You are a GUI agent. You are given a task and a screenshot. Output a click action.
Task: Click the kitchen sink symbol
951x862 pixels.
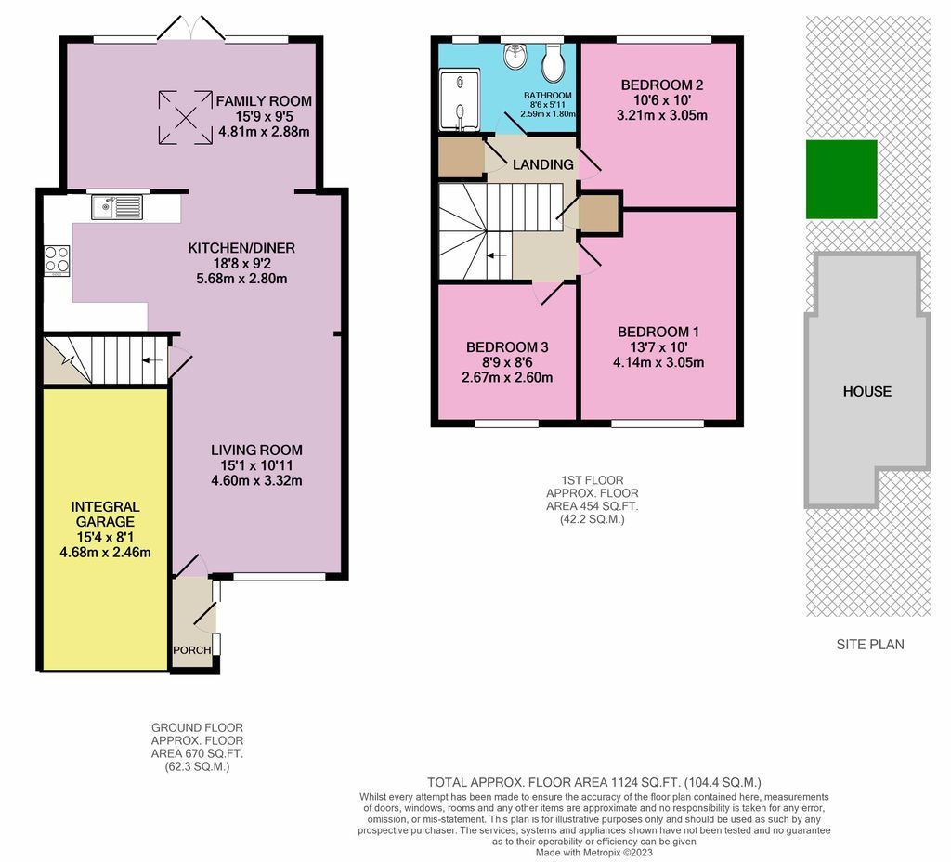[x=116, y=206]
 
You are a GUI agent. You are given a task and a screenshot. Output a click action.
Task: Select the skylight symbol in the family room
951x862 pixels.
[x=180, y=117]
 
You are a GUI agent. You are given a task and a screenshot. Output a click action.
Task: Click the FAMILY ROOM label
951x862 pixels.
[x=264, y=101]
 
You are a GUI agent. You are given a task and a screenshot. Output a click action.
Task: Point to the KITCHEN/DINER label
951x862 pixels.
[x=241, y=247]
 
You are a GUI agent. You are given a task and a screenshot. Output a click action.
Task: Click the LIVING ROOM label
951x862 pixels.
[x=256, y=450]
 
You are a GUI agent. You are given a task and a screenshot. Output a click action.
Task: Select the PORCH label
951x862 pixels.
[x=192, y=649]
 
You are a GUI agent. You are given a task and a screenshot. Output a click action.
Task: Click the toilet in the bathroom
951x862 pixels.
[x=554, y=62]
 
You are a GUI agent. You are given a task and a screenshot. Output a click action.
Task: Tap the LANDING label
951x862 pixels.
[x=542, y=164]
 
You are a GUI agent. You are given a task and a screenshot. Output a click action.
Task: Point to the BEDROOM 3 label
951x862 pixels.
[x=507, y=347]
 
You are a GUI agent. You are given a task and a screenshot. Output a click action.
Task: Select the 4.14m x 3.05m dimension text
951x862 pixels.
[x=658, y=362]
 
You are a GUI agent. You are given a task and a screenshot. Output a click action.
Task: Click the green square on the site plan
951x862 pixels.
[x=840, y=179]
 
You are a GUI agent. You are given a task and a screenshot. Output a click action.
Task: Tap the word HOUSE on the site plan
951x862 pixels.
[x=866, y=391]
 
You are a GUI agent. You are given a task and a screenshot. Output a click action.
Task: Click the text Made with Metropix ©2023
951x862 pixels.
[x=594, y=852]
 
